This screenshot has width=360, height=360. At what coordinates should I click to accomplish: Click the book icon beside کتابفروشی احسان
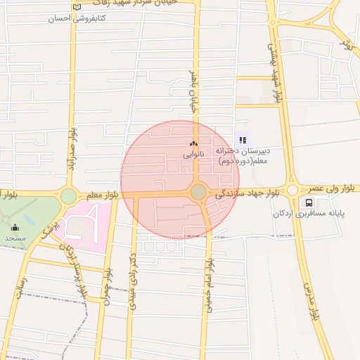pyautogui.click(x=77, y=8)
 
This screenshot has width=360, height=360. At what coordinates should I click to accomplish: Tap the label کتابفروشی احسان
pyautogui.click(x=77, y=19)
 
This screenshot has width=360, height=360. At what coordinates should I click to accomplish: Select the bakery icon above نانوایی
pyautogui.click(x=193, y=143)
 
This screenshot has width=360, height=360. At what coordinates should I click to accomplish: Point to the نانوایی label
pyautogui.click(x=193, y=153)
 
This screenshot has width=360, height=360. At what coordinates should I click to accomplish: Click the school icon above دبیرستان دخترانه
pyautogui.click(x=243, y=140)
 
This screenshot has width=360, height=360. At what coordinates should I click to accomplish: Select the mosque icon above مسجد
pyautogui.click(x=15, y=227)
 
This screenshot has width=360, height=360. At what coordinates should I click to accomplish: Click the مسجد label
pyautogui.click(x=15, y=238)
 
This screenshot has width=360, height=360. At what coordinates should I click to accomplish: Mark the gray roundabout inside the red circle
pyautogui.click(x=198, y=191)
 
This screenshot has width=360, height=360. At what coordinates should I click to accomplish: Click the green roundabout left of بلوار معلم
pyautogui.click(x=68, y=196)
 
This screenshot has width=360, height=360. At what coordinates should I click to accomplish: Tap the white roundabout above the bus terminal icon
pyautogui.click(x=292, y=190)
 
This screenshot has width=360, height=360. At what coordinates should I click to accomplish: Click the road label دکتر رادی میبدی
pyautogui.click(x=132, y=282)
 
